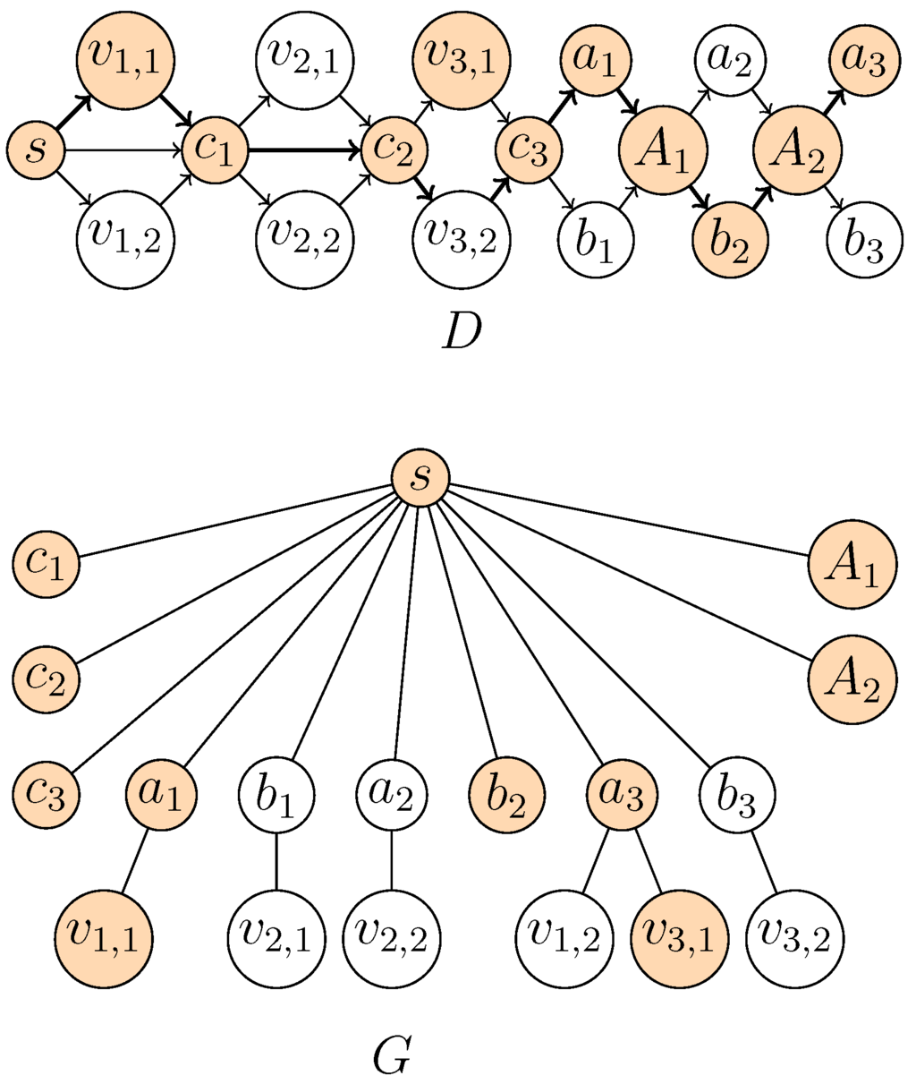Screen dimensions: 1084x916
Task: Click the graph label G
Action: [x=392, y=1056]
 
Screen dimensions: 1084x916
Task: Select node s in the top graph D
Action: [x=35, y=150]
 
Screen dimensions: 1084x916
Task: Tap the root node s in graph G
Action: [x=420, y=478]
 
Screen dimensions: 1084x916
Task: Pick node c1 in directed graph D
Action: [x=214, y=150]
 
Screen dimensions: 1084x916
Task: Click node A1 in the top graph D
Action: [x=663, y=150]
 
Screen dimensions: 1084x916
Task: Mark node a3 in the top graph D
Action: [x=864, y=59]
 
